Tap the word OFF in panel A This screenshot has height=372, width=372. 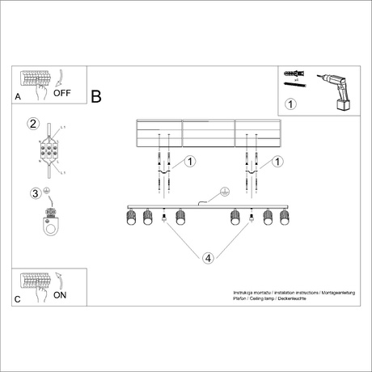[x=62, y=93]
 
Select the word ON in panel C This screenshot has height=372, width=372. [x=60, y=295]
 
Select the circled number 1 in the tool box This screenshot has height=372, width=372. [x=291, y=103]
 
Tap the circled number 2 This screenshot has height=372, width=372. [x=33, y=124]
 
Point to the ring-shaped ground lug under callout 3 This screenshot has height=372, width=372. [x=53, y=227]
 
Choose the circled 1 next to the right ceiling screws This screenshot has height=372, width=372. [x=277, y=162]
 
